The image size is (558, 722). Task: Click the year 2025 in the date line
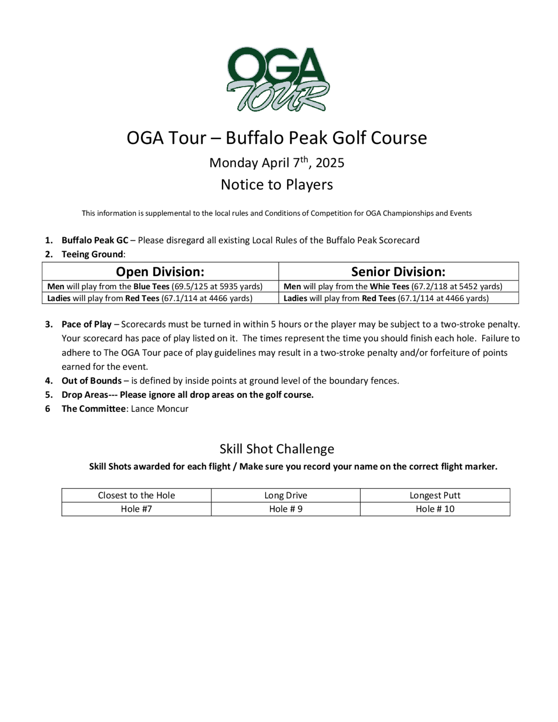point(330,163)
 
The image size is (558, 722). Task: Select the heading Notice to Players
point(277,184)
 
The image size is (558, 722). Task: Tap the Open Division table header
point(160,272)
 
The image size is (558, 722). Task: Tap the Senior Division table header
point(398,272)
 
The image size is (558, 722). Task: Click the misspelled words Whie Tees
point(389,286)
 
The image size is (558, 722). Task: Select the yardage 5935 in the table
point(229,286)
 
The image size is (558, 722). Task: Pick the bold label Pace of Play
point(86,324)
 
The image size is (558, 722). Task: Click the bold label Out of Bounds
point(92,381)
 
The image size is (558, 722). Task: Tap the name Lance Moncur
point(159,409)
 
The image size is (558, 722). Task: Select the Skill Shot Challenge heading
point(277,449)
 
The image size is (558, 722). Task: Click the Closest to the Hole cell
point(136,495)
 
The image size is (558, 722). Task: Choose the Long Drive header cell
point(286,495)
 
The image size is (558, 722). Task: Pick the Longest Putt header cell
point(435,495)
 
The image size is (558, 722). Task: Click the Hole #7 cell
point(136,509)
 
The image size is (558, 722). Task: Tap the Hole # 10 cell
point(435,509)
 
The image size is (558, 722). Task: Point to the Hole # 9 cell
point(286,509)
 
